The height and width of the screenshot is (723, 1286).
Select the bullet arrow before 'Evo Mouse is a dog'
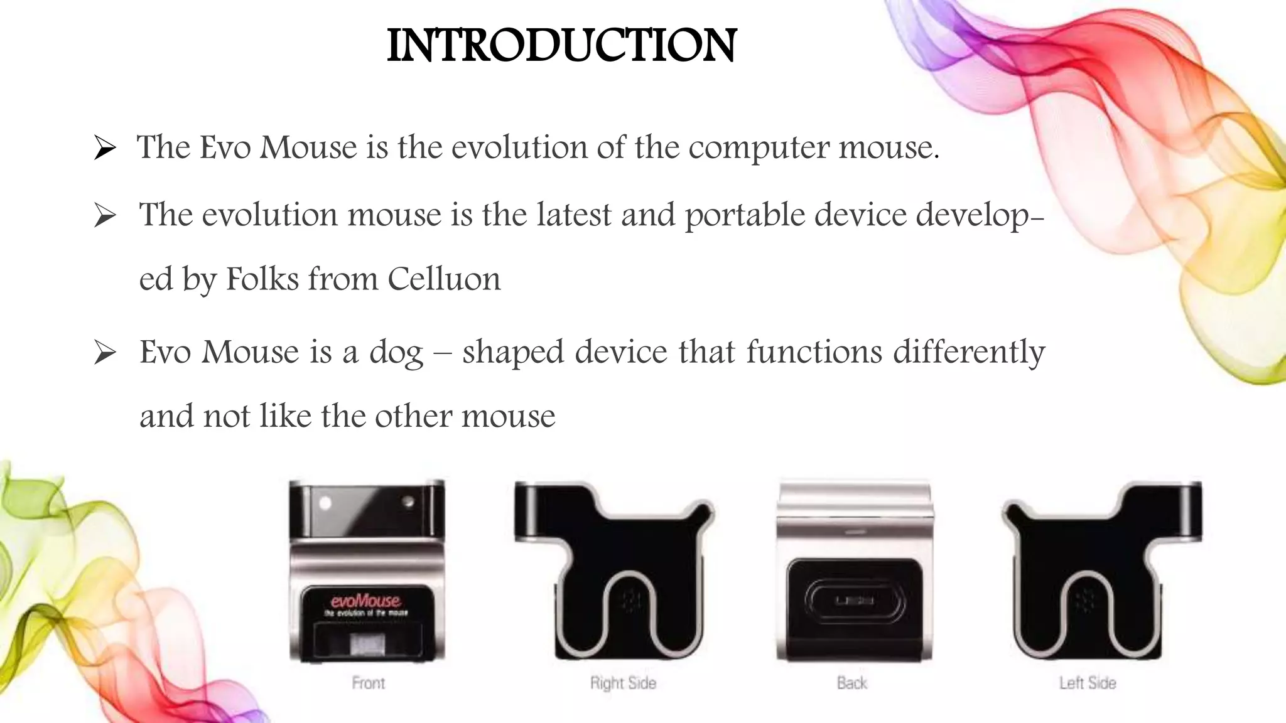(105, 353)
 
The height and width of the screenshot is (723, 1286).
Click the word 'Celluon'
(444, 279)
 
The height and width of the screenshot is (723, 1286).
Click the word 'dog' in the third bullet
(396, 353)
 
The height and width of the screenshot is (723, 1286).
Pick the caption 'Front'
(369, 683)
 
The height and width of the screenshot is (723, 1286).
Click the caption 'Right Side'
(623, 683)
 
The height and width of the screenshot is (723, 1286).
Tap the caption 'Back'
(852, 683)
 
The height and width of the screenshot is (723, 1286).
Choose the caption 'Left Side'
(1088, 683)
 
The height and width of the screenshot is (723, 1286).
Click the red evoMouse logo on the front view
(365, 601)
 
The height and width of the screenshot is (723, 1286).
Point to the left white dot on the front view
(325, 503)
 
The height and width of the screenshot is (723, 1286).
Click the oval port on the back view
(855, 601)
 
